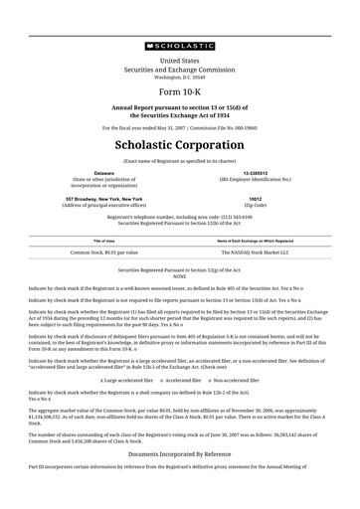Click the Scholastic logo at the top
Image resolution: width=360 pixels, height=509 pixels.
(x=179, y=45)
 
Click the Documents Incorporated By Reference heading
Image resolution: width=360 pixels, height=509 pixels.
(x=179, y=480)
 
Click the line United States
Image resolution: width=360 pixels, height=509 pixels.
(x=179, y=61)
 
